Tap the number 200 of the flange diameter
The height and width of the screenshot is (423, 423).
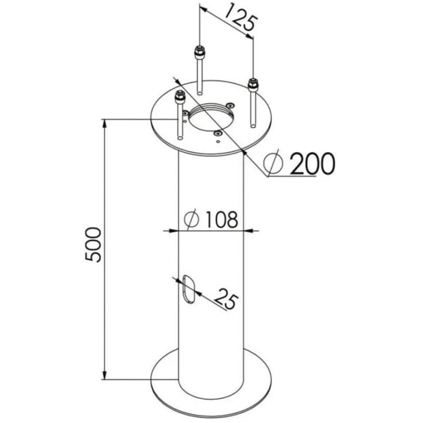312,163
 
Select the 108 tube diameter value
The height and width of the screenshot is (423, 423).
222,219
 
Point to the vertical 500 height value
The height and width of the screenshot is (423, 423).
93,245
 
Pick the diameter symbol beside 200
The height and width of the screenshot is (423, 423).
273,163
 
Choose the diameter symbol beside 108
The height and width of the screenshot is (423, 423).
192,219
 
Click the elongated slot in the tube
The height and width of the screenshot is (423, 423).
189,289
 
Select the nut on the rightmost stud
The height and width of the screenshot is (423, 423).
253,84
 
